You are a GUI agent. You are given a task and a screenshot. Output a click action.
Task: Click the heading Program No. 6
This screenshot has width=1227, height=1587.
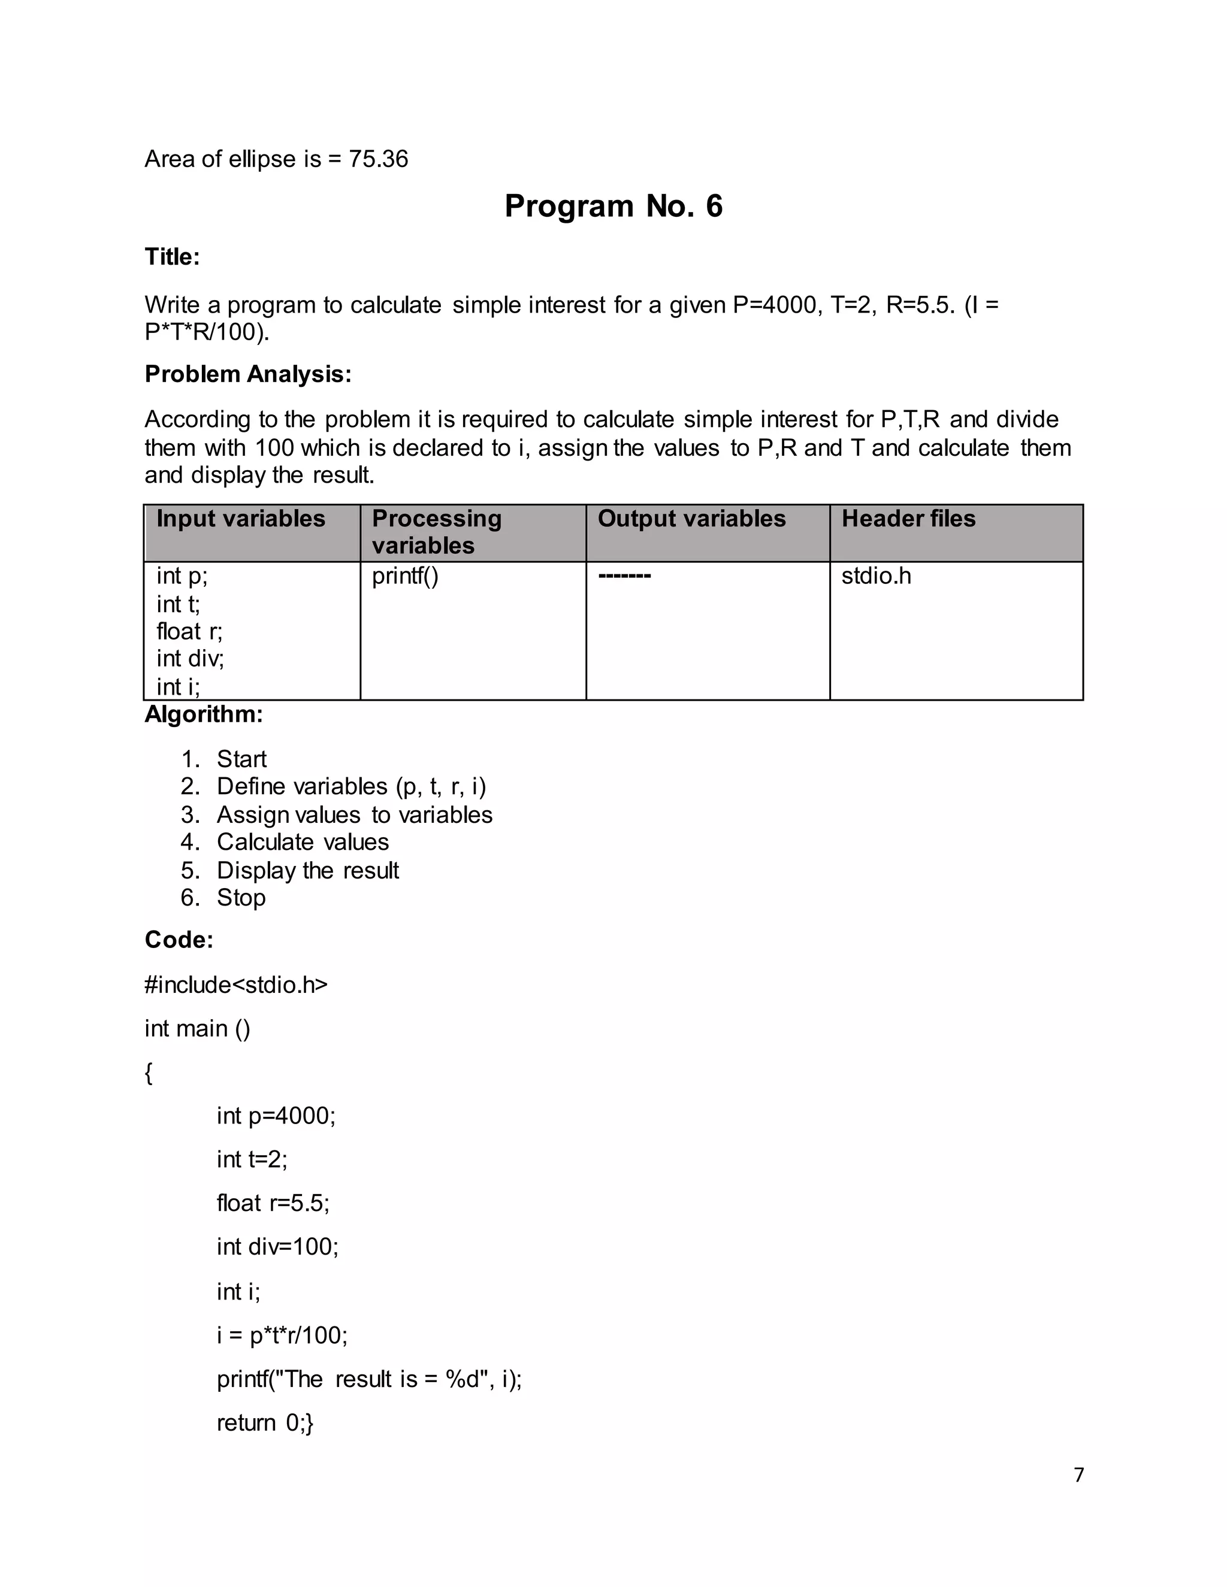tap(613, 207)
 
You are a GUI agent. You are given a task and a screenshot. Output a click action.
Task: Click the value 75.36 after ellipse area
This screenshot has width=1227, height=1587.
tap(378, 159)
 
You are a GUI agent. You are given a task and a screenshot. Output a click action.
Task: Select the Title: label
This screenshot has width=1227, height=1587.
tap(173, 258)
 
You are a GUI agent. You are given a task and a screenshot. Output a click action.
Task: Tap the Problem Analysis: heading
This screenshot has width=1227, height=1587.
tap(248, 374)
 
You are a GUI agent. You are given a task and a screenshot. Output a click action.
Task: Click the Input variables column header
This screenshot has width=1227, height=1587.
tap(241, 519)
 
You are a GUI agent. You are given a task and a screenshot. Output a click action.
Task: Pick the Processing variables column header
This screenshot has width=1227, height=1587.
tap(436, 532)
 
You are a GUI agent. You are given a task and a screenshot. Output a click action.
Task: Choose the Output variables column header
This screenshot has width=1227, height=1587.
tap(691, 519)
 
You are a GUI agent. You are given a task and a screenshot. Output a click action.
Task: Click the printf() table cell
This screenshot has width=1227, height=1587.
tap(405, 576)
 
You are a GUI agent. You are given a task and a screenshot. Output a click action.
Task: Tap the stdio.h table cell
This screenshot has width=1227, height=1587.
tap(876, 576)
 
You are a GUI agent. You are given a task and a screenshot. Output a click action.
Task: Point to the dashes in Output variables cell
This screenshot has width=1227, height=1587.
tap(624, 577)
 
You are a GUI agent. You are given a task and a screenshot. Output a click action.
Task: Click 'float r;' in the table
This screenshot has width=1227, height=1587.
tap(189, 631)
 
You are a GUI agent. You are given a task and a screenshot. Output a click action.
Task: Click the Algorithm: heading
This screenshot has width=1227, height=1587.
tap(204, 715)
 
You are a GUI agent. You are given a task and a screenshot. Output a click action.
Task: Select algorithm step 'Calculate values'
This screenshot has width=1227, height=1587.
tap(303, 842)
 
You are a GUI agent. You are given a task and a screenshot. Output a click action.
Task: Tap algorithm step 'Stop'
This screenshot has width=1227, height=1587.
tap(241, 898)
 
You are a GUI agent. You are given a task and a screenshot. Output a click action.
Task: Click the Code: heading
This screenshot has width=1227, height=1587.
tap(179, 940)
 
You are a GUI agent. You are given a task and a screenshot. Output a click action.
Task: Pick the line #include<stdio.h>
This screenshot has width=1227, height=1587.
tap(236, 985)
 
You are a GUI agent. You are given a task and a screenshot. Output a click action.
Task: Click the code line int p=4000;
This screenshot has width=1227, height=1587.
tap(276, 1116)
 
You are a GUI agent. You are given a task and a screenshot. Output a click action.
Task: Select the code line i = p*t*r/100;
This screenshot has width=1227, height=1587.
tap(282, 1335)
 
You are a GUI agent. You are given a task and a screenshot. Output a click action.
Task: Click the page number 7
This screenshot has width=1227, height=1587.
tap(1078, 1475)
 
